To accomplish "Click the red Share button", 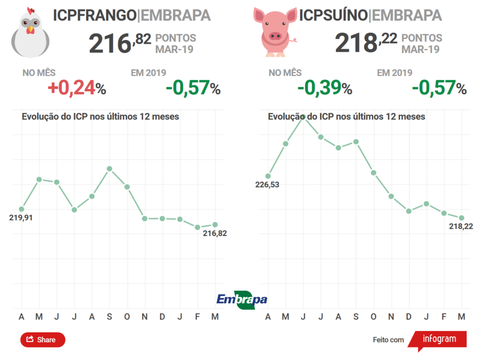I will pyautogui.click(x=42, y=340).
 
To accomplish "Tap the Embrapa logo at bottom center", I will pyautogui.click(x=242, y=299).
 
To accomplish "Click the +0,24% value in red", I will pyautogui.click(x=77, y=88).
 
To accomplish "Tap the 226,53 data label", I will pyautogui.click(x=267, y=185).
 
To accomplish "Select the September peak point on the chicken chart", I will pyautogui.click(x=109, y=169).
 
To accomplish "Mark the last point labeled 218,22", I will pyautogui.click(x=461, y=218).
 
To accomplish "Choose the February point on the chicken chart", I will pyautogui.click(x=197, y=227).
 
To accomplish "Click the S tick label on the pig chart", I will pyautogui.click(x=356, y=317).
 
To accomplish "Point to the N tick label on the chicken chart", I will pyautogui.click(x=145, y=317).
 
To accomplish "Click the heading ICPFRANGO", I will pyautogui.click(x=94, y=15).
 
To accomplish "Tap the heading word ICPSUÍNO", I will pyautogui.click(x=333, y=15).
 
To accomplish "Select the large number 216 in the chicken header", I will pyautogui.click(x=110, y=44).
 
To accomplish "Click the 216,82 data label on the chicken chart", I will pyautogui.click(x=215, y=233).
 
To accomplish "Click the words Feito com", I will pyautogui.click(x=388, y=340).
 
